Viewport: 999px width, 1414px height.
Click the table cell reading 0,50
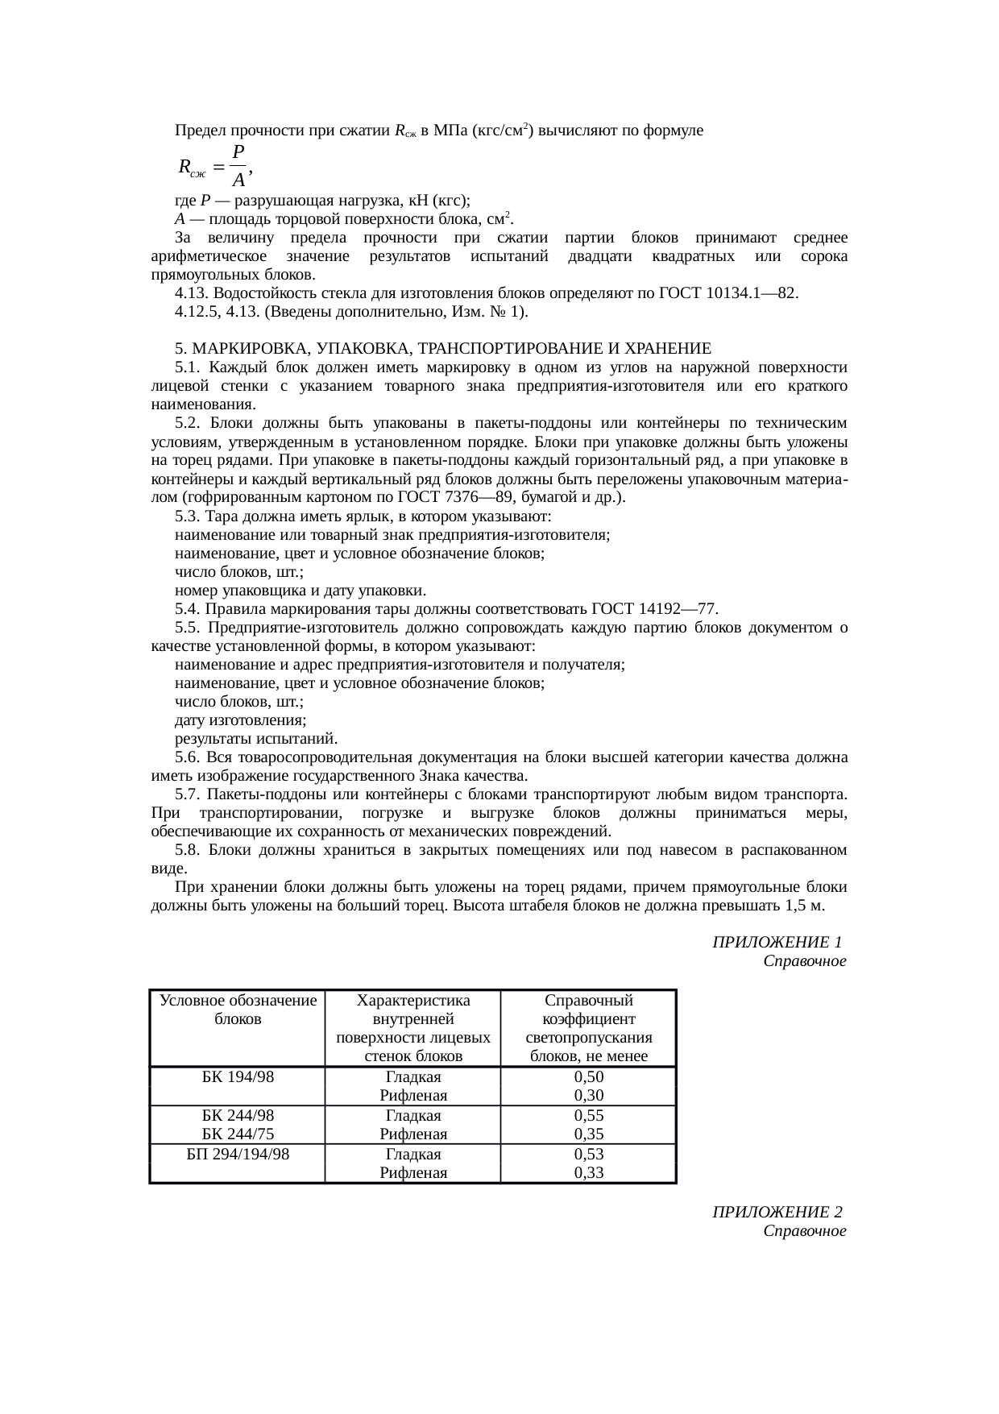pyautogui.click(x=588, y=1077)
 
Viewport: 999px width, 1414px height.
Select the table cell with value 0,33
pyautogui.click(x=588, y=1172)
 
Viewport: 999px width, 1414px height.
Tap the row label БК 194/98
pyautogui.click(x=238, y=1077)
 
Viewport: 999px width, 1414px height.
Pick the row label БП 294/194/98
pyautogui.click(x=238, y=1154)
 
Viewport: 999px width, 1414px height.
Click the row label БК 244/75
pyautogui.click(x=238, y=1134)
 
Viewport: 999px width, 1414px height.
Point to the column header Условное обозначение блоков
pyautogui.click(x=238, y=1010)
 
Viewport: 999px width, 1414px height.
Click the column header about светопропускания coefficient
pyautogui.click(x=588, y=1028)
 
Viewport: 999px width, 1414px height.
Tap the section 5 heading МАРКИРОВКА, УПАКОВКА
pyautogui.click(x=443, y=349)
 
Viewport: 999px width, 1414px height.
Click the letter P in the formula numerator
pyautogui.click(x=238, y=152)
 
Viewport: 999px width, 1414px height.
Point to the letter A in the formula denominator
pyautogui.click(x=238, y=180)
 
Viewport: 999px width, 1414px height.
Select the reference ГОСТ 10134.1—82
pyautogui.click(x=728, y=292)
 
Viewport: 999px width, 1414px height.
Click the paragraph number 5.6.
pyautogui.click(x=188, y=757)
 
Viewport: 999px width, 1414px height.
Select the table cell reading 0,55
pyautogui.click(x=588, y=1116)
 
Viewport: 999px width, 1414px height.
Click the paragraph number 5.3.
pyautogui.click(x=188, y=516)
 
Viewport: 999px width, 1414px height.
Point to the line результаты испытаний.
pyautogui.click(x=256, y=739)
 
